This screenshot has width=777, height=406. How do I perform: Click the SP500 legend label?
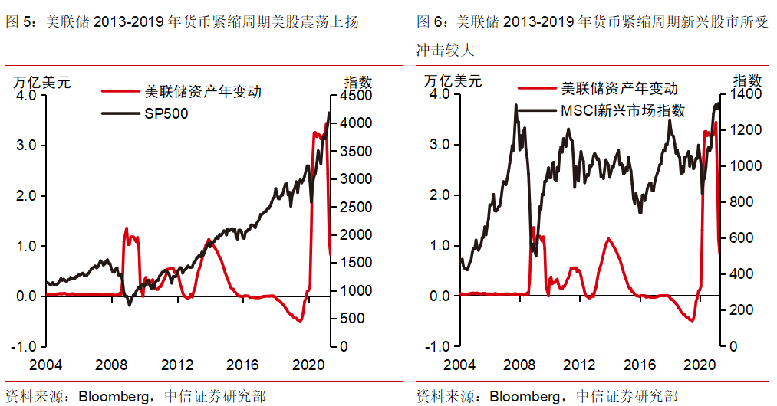tap(166, 113)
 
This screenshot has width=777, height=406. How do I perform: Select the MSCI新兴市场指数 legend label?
tap(622, 111)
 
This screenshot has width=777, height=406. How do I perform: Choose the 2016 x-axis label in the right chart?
tap(638, 365)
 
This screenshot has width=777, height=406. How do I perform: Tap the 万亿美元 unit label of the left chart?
tap(41, 81)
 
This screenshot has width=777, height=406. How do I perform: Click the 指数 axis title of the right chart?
tap(747, 80)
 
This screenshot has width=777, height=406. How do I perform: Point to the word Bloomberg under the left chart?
tap(117, 396)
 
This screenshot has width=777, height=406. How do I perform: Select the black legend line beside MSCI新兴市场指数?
tap(535, 111)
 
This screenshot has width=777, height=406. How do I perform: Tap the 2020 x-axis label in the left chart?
tap(308, 365)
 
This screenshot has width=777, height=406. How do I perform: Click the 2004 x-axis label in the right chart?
tap(460, 365)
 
